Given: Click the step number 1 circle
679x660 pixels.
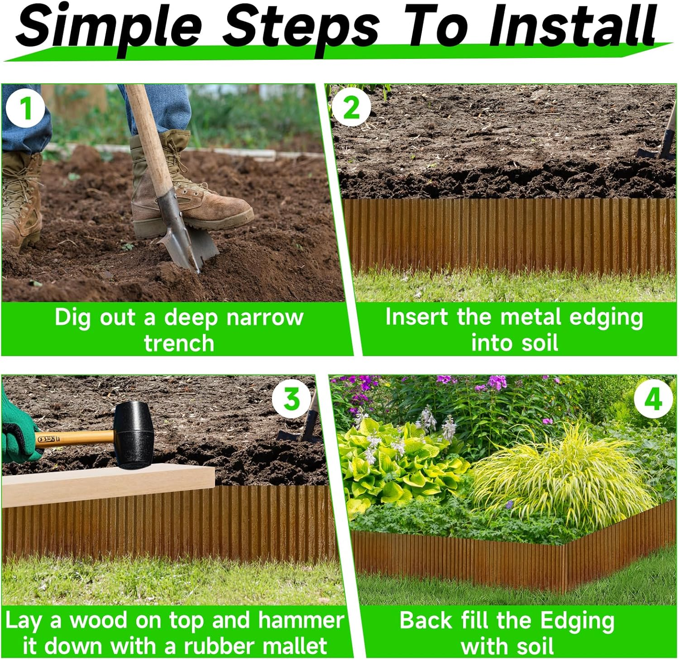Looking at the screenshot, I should coord(25,109).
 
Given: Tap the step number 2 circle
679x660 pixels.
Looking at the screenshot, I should coord(351,108).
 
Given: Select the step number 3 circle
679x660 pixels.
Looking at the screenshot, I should coord(292,399).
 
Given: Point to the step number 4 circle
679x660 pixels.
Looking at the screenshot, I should coord(652,400).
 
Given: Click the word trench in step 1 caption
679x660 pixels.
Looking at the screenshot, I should coord(179,343).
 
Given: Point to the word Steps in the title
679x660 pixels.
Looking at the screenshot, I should coord(301,26).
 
